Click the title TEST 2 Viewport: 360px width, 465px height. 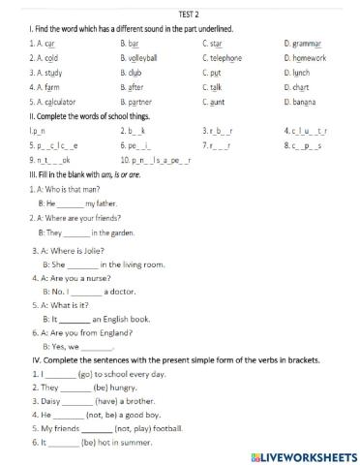[x=180, y=15]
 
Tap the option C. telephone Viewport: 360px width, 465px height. [x=228, y=58]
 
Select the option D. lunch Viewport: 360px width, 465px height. [x=301, y=72]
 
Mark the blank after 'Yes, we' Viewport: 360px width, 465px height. [x=98, y=347]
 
